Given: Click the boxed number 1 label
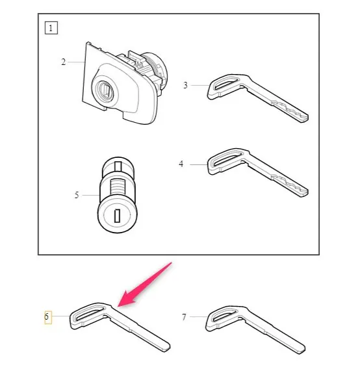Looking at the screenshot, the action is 51,28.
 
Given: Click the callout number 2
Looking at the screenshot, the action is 64,62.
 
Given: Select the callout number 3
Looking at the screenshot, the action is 185,85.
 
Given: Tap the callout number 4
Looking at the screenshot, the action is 181,164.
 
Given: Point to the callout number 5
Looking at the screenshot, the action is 77,195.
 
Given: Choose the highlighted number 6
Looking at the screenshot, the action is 47,316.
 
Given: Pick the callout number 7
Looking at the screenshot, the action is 184,317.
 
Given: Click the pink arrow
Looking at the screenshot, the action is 145,284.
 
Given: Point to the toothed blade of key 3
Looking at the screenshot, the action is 290,111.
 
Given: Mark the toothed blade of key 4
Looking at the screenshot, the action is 290,186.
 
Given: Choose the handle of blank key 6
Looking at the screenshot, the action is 88,316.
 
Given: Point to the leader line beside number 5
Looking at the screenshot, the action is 90,195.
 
